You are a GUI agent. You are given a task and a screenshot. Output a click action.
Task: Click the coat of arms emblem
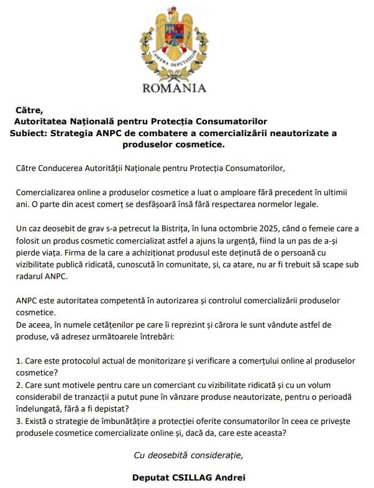tap(174, 40)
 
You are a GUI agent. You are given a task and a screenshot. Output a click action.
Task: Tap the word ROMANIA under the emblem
tap(174, 88)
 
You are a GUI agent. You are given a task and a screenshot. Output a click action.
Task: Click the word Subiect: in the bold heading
tap(30, 133)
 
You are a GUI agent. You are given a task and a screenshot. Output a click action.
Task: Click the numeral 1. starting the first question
tap(19, 361)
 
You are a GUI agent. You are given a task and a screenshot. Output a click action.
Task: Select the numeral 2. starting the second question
tap(19, 385)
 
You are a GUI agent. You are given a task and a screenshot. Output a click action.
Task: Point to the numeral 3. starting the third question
tap(19, 421)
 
